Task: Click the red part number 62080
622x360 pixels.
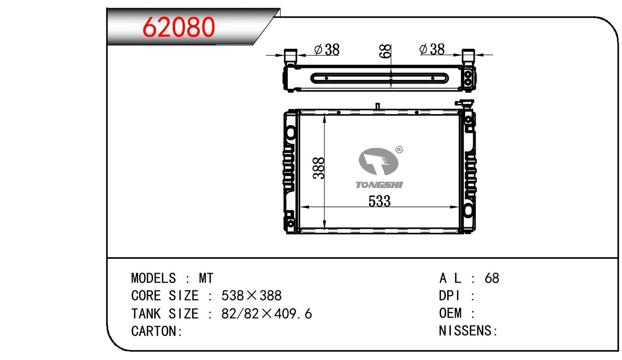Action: click(x=179, y=27)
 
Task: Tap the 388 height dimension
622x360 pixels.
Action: click(x=318, y=168)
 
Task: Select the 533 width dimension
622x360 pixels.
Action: click(x=379, y=201)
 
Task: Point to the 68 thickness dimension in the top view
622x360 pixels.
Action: click(x=385, y=52)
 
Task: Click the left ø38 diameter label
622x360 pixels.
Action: click(x=327, y=50)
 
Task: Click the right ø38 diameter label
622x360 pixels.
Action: click(x=432, y=49)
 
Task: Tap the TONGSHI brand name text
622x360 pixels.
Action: click(x=379, y=185)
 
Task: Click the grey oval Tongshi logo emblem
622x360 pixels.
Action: click(x=378, y=161)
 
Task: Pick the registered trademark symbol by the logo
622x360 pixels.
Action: click(x=399, y=150)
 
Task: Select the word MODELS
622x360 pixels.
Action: click(x=153, y=278)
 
